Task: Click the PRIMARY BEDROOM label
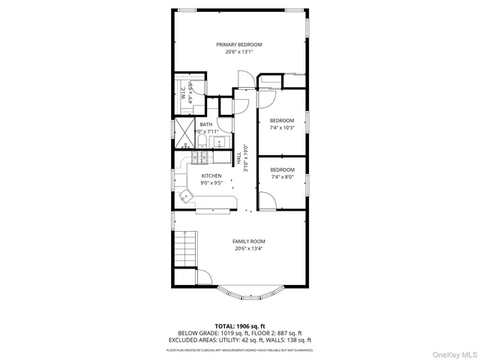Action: [x=239, y=44]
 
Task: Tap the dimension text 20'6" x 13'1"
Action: [x=239, y=52]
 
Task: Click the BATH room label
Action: [x=205, y=124]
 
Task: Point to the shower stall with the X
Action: [x=184, y=130]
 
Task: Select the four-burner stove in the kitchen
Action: [x=200, y=157]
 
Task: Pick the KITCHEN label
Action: [x=211, y=175]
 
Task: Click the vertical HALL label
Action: [x=239, y=159]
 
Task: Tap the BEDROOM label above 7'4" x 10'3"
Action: [x=282, y=121]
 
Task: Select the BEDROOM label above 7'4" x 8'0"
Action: [x=282, y=170]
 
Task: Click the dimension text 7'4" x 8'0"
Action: [x=282, y=178]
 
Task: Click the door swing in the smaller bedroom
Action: [x=267, y=201]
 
